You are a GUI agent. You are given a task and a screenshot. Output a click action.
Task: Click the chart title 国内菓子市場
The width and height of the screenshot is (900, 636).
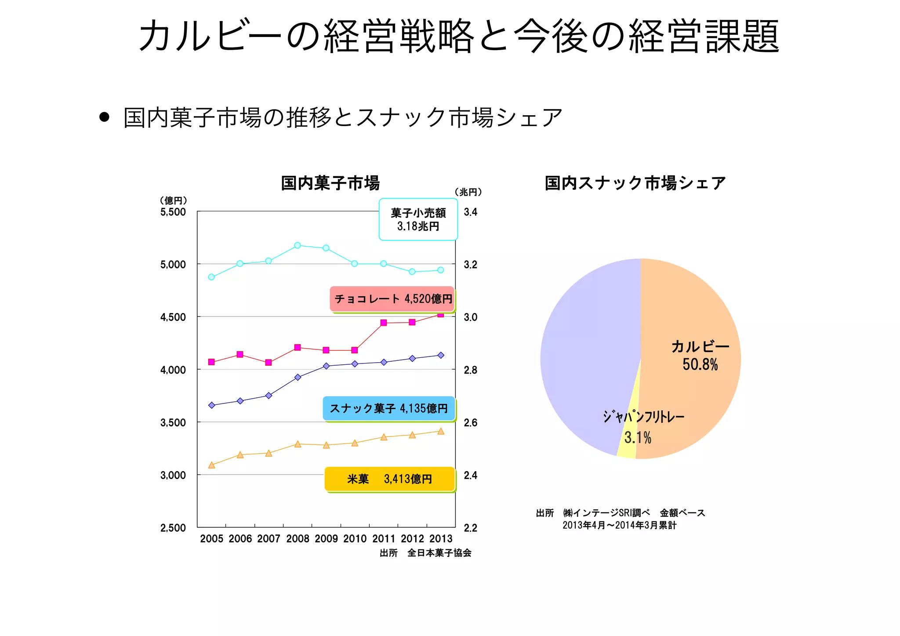click(330, 183)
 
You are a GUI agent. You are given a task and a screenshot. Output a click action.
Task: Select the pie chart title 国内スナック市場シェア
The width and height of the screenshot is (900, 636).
click(635, 183)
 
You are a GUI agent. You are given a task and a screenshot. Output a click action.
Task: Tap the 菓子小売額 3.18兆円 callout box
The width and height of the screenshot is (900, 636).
click(418, 219)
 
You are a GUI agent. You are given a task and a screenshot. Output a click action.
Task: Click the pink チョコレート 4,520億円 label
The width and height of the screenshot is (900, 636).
click(392, 299)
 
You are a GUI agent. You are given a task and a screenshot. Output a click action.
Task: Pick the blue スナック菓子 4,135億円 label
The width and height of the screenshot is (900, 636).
click(389, 408)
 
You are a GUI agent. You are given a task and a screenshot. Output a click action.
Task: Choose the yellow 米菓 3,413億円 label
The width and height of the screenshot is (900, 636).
click(389, 479)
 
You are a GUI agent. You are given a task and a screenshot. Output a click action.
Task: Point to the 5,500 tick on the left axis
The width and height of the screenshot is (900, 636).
click(173, 212)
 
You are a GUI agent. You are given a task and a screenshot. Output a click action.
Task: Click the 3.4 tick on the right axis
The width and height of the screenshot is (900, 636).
click(470, 212)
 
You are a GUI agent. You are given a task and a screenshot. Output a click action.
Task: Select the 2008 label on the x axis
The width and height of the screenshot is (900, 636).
click(298, 539)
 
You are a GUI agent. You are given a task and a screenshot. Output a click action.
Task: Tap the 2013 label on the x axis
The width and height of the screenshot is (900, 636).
click(441, 539)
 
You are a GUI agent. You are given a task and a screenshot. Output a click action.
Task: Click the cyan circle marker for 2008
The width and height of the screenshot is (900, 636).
click(298, 245)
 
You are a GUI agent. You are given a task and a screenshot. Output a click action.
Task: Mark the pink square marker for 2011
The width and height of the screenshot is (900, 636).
click(384, 323)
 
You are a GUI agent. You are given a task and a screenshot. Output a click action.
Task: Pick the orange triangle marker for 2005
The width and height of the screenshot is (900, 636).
click(212, 465)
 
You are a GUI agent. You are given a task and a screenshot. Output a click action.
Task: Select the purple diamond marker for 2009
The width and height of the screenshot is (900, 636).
click(326, 366)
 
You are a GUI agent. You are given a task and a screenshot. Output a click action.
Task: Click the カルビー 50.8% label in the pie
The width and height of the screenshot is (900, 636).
click(700, 356)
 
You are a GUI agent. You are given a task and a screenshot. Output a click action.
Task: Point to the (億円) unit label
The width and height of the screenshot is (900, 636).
click(173, 200)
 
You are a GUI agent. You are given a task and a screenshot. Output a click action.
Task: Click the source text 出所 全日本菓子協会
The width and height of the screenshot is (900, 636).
click(425, 553)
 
